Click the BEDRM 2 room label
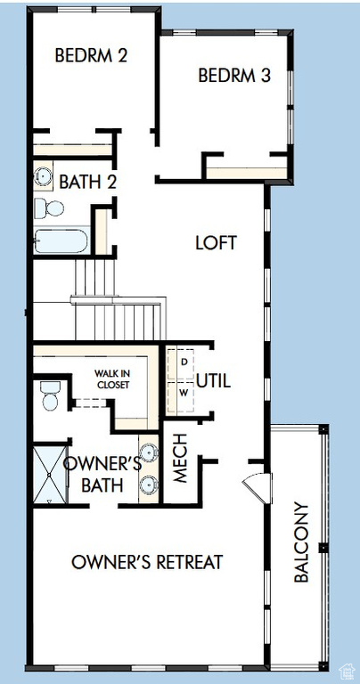click(x=91, y=56)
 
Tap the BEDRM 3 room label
click(x=234, y=76)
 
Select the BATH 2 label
click(x=87, y=182)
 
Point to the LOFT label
click(x=216, y=242)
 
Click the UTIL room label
click(x=213, y=381)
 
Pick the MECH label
click(x=180, y=458)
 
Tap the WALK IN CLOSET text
click(x=113, y=379)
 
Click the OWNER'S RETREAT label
click(x=147, y=562)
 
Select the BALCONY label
click(x=301, y=541)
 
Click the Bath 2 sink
click(x=43, y=175)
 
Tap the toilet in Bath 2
click(x=49, y=208)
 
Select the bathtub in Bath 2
click(x=61, y=240)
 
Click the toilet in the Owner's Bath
click(x=50, y=395)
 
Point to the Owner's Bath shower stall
click(x=50, y=474)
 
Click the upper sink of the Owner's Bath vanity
click(x=148, y=452)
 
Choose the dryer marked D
click(x=181, y=363)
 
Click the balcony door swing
click(x=257, y=488)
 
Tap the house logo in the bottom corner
click(x=347, y=671)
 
